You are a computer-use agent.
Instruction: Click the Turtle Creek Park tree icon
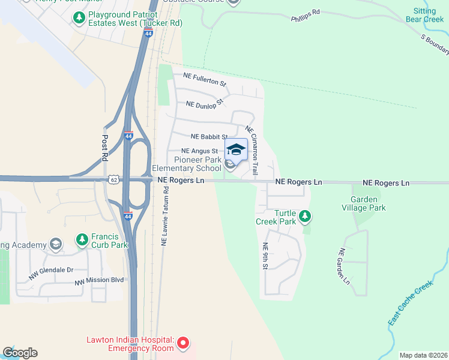[x=306, y=215]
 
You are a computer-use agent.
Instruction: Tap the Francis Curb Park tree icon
[x=82, y=239]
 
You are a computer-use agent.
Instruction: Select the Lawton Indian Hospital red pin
[x=184, y=344]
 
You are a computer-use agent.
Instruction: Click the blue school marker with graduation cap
[x=236, y=150]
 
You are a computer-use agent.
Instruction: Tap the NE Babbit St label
[x=209, y=137]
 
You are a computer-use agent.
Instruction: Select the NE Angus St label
[x=199, y=151]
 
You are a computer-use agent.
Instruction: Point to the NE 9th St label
[x=265, y=256]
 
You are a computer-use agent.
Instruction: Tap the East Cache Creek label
[x=410, y=303]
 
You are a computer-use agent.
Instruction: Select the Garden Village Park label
[x=364, y=203]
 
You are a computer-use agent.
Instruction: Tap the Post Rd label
[x=104, y=147]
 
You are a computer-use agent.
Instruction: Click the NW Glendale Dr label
[x=51, y=274]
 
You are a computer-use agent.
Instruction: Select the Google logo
[x=20, y=353]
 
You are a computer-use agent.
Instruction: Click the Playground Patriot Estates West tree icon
[x=79, y=18]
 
